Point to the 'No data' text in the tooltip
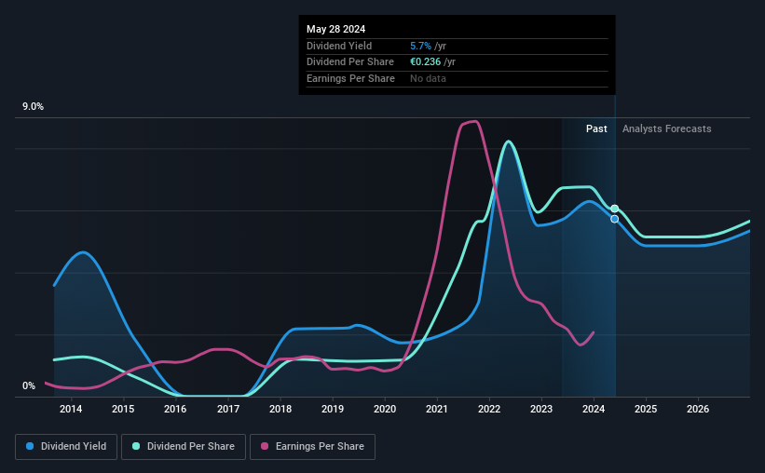[428, 78]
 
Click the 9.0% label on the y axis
[34, 107]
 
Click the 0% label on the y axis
[29, 385]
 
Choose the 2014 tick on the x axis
[70, 409]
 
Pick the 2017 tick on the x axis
[228, 409]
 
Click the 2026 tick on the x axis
[698, 409]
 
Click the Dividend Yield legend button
[66, 447]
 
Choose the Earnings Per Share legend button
[312, 447]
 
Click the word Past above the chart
[596, 128]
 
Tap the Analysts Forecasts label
[666, 128]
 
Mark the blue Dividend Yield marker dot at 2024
[614, 219]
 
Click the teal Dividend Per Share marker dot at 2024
[615, 209]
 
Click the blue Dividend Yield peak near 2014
[83, 252]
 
